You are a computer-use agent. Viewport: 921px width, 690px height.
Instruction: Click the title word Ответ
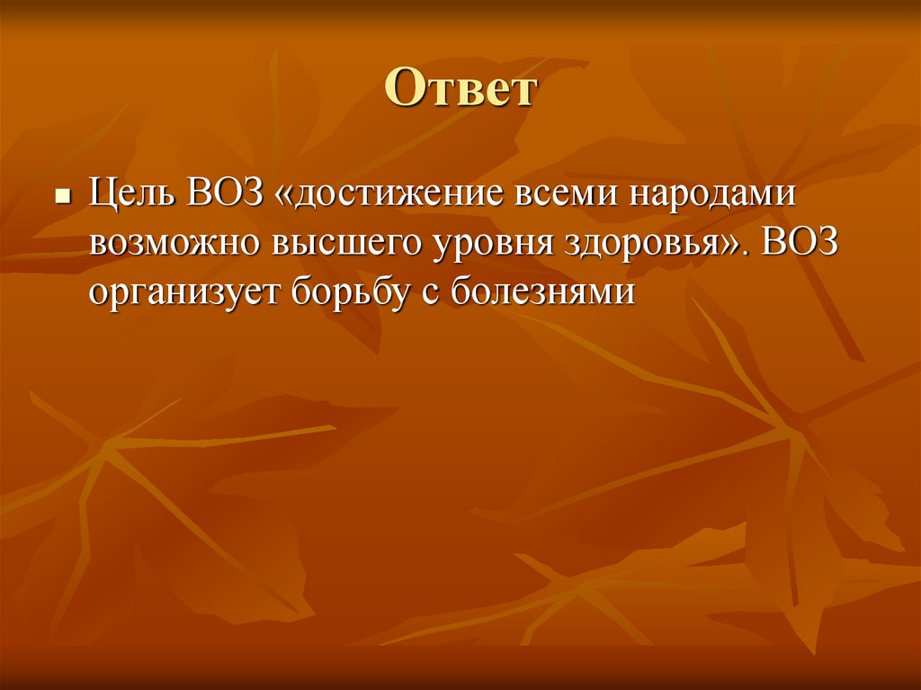click(460, 90)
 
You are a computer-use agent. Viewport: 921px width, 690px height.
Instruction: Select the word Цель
click(130, 197)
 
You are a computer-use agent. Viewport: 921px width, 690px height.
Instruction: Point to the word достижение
click(397, 197)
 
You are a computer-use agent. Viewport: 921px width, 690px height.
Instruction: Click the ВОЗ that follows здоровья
click(799, 244)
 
